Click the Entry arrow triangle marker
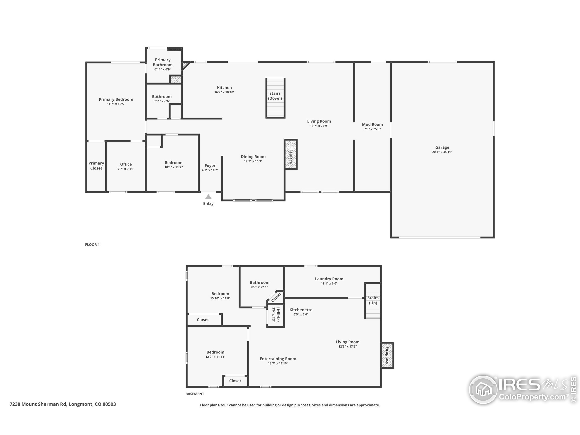point(208,197)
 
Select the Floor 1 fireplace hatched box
point(290,155)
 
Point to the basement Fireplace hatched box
point(387,355)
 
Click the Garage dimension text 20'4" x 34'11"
point(442,152)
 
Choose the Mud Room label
point(372,125)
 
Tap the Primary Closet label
point(96,166)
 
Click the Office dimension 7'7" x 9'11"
point(126,169)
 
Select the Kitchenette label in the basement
point(301,310)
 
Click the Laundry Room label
point(329,279)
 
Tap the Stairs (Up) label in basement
point(373,300)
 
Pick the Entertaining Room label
point(278,359)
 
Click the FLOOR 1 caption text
point(92,245)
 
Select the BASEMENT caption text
point(195,394)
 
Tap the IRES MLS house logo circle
point(483,390)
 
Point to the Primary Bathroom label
point(163,62)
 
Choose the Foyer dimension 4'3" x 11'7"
point(210,170)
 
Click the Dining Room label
point(253,157)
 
